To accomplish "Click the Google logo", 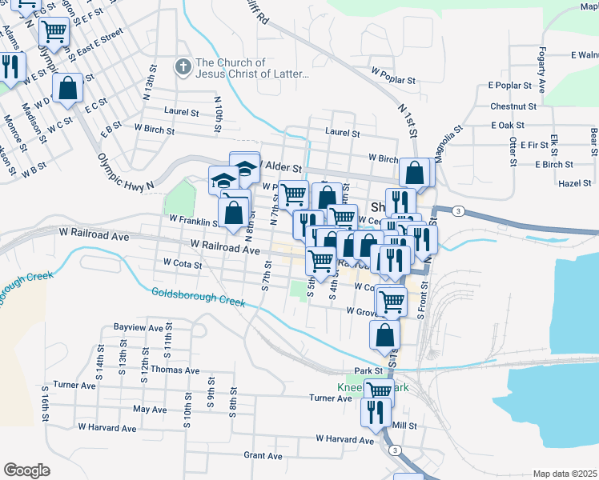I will tap(26, 470).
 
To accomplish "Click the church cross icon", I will tap(183, 68).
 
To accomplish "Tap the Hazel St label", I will tap(573, 183).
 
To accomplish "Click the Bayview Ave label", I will tap(139, 327).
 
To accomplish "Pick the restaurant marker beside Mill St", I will tap(375, 412).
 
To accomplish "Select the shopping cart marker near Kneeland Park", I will tap(379, 391).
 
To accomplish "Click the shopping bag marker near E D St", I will tap(68, 87).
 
